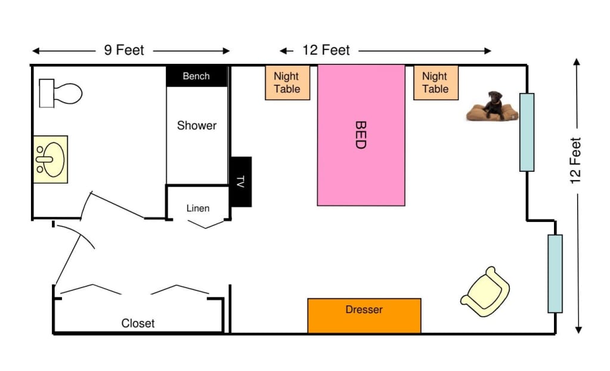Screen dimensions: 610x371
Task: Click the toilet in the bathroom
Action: point(60,94)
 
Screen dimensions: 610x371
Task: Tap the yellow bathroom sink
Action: point(51,159)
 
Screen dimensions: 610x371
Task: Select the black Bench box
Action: point(196,76)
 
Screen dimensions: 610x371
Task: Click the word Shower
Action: point(196,125)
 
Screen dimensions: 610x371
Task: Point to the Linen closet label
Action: point(197,208)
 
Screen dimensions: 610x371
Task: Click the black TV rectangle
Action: point(241,182)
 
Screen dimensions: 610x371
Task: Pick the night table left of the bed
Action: point(287,82)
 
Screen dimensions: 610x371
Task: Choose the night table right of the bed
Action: point(436,82)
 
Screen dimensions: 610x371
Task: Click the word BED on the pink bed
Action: point(361,135)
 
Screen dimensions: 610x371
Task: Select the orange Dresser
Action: point(364,316)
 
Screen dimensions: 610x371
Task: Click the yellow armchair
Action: point(485,292)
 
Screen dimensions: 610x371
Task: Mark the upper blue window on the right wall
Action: point(527,132)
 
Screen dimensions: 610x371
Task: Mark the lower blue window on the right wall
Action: point(555,274)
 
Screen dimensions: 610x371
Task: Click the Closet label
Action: point(138,323)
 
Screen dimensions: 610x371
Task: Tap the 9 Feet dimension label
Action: point(124,50)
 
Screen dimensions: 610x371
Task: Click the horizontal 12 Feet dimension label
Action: point(326,50)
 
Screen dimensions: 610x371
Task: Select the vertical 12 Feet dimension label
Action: point(575,160)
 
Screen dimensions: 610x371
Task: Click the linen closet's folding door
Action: point(206,224)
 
